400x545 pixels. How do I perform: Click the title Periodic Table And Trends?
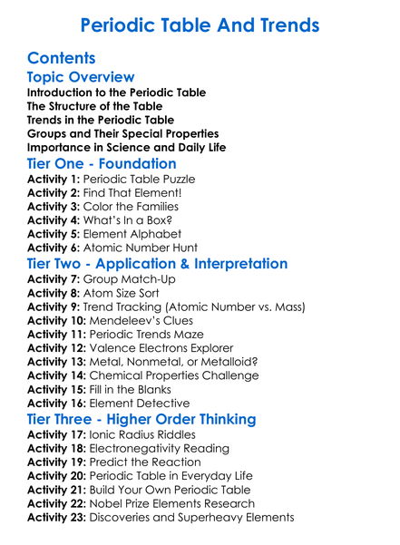coord(200,24)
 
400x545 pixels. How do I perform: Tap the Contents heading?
coord(62,58)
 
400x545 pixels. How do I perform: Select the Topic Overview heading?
coord(81,77)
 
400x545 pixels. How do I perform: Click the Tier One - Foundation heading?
coord(102,163)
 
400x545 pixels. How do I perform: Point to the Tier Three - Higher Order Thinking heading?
coord(141,419)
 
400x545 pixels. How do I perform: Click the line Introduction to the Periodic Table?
coord(116,92)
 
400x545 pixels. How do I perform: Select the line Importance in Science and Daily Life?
coord(126,147)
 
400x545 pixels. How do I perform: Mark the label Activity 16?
coord(56,403)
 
